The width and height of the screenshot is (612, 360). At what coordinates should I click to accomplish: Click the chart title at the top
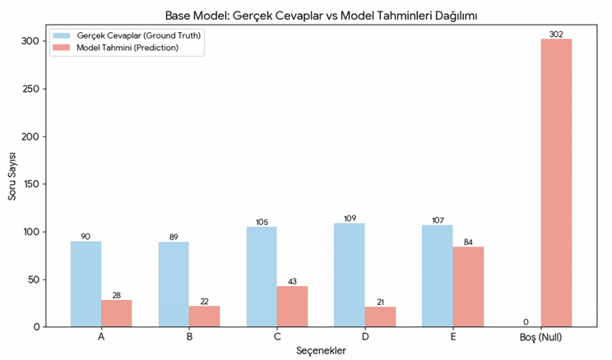306,15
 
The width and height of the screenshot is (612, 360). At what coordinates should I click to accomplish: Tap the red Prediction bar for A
116,313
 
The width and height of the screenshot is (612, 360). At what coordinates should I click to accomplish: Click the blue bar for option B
174,284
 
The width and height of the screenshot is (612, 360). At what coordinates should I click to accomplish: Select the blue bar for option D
350,275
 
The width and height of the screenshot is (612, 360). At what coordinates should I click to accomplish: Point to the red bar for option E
468,286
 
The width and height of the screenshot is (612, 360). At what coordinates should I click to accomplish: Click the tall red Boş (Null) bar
556,182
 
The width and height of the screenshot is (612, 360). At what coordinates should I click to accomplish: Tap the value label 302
556,34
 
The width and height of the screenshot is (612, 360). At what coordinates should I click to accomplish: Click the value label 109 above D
350,218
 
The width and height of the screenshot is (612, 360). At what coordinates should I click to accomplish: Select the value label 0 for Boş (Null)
525,322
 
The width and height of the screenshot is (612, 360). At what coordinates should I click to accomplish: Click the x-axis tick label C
277,337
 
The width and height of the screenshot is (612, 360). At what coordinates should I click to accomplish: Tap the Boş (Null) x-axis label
541,337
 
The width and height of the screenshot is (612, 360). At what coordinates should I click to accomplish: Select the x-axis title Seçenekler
321,351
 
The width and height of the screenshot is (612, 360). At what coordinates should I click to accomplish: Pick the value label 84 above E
468,242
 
